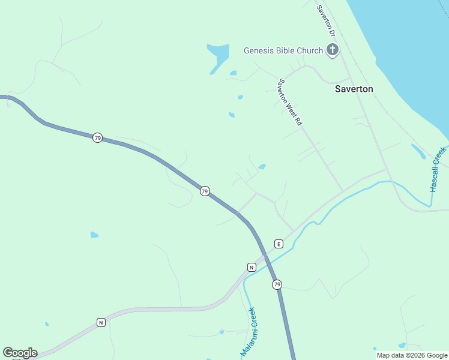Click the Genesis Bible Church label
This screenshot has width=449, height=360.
(283, 50)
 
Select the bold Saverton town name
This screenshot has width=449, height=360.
(354, 89)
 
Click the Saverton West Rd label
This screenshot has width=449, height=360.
(289, 101)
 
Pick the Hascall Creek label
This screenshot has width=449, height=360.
(438, 169)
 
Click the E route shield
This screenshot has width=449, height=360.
(279, 244)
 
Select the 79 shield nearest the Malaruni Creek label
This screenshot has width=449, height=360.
(277, 284)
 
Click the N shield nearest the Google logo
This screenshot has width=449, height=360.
(101, 323)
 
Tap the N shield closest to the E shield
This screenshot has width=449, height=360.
(252, 266)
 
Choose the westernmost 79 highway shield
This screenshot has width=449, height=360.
(97, 138)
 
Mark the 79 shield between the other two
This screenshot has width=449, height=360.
(205, 191)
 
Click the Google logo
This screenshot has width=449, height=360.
(20, 353)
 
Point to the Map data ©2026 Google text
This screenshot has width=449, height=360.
(412, 355)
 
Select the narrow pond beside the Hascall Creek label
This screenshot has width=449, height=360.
(418, 151)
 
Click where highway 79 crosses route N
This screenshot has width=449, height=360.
(265, 256)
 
